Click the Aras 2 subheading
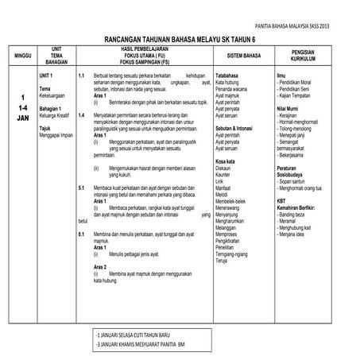click(100, 267)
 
